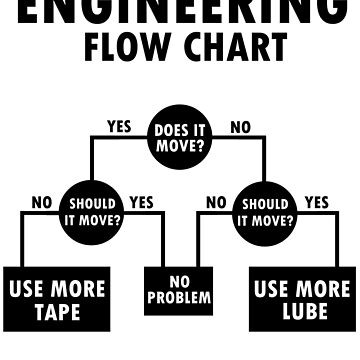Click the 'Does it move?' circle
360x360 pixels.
[180, 135]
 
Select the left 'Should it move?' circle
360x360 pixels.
[91, 208]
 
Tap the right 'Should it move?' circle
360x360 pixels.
[267, 208]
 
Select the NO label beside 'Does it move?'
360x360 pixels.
[240, 126]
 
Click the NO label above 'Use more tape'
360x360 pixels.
[41, 202]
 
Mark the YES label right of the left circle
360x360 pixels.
[141, 202]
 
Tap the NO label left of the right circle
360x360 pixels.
[216, 202]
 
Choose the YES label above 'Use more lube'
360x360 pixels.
[316, 202]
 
